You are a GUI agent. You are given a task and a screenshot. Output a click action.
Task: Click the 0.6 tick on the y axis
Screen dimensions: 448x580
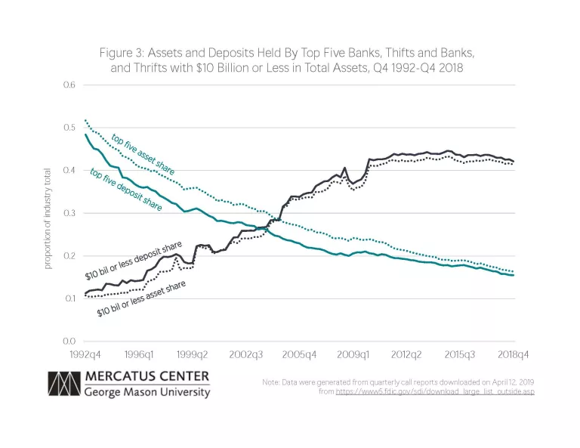70,85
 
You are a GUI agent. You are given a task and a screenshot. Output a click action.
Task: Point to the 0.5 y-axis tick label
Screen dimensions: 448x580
70,128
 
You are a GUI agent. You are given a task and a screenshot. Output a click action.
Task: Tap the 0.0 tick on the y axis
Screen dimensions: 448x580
70,341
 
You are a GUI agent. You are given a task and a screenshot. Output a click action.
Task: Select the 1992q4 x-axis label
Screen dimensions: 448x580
85,354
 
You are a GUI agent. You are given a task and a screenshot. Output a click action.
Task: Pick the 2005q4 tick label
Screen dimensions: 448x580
299,354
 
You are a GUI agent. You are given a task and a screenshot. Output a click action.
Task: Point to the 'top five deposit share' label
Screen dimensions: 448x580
125,190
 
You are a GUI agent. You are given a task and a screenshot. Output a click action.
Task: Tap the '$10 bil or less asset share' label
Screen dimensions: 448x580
141,299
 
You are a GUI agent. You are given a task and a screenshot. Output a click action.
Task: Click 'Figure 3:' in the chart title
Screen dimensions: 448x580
122,54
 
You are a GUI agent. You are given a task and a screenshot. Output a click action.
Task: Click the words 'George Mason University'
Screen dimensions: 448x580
147,392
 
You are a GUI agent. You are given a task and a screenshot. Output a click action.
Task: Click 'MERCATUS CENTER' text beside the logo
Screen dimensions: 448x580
147,376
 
